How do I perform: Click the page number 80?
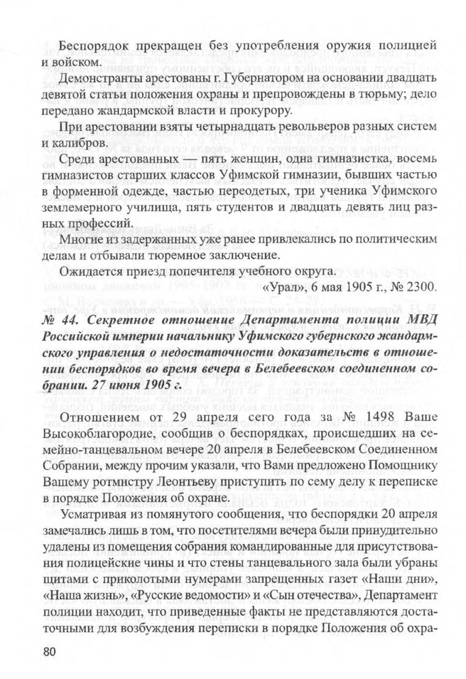coord(50,652)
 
